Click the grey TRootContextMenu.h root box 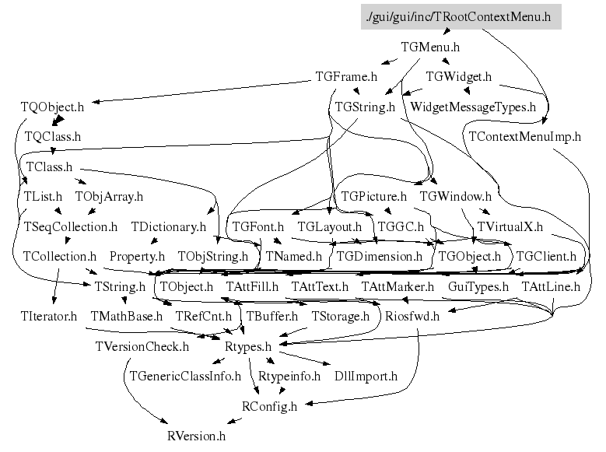click(x=461, y=17)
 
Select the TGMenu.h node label click(x=430, y=47)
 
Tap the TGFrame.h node click(x=346, y=76)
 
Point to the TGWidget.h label click(x=459, y=76)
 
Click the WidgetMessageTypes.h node click(x=473, y=107)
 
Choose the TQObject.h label click(x=52, y=107)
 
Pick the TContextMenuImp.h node click(x=525, y=136)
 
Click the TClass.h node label click(x=49, y=166)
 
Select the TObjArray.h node click(x=109, y=196)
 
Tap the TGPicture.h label click(x=373, y=196)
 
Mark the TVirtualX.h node click(x=510, y=226)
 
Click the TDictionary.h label click(x=169, y=226)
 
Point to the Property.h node click(x=137, y=257)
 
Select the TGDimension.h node click(x=380, y=257)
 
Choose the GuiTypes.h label click(x=478, y=286)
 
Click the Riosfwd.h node click(x=412, y=317)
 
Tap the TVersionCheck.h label click(x=142, y=346)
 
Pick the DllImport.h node click(x=366, y=377)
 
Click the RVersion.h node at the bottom click(x=196, y=436)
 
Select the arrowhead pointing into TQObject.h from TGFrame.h click(x=96, y=102)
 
